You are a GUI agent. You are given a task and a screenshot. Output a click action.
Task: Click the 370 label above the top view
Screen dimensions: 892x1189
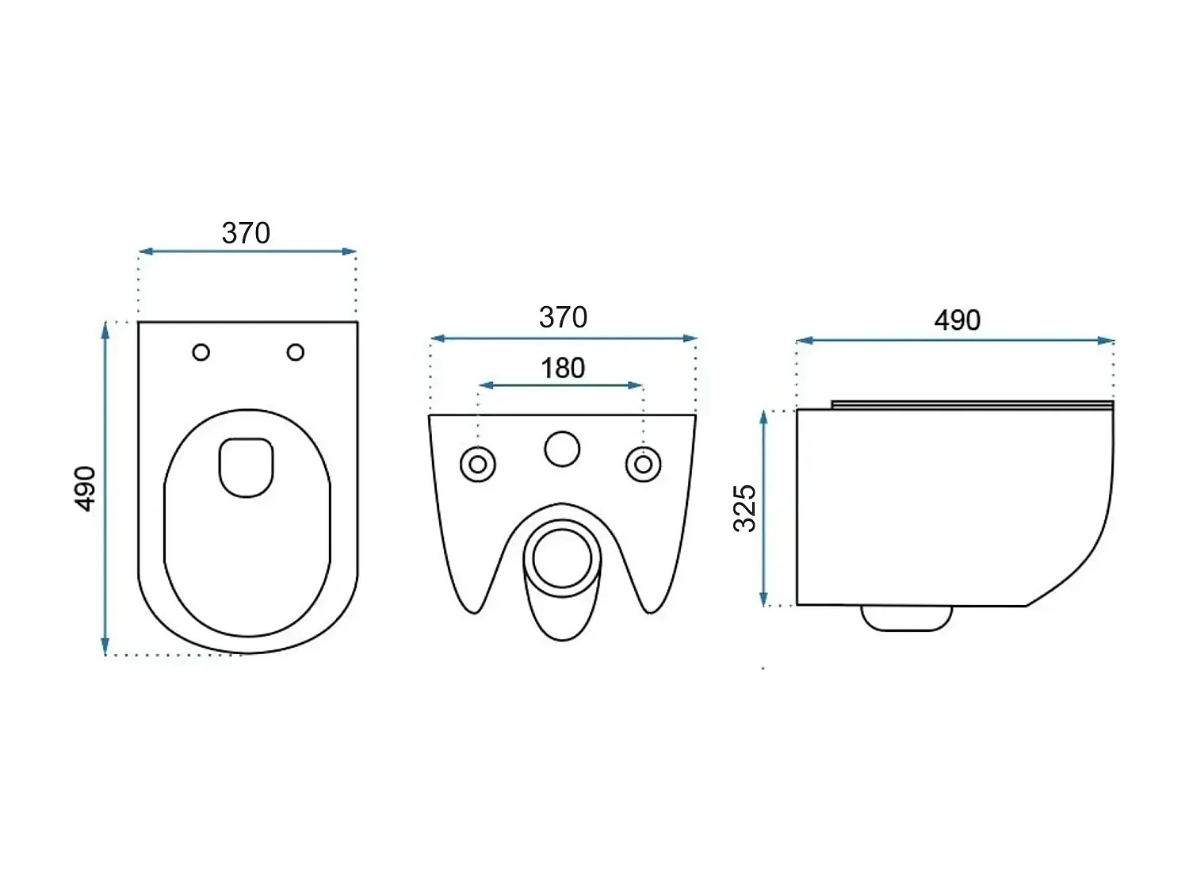pos(246,233)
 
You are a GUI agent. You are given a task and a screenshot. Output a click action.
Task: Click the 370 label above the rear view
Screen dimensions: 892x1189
pos(563,318)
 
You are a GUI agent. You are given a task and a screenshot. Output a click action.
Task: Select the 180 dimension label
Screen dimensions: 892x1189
pos(563,368)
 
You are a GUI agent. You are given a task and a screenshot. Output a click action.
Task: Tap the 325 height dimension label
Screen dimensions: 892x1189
pos(745,508)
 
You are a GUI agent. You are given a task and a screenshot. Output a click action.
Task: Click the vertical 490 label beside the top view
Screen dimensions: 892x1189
pos(85,488)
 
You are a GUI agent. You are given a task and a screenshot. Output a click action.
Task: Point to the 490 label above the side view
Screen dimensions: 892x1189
pos(957,320)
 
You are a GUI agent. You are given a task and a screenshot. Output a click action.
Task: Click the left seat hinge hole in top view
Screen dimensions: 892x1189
pos(201,352)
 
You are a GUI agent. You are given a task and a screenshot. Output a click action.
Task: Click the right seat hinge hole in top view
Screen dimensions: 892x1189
pos(296,352)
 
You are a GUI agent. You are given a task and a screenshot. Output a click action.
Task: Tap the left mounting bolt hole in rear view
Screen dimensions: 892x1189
pos(478,465)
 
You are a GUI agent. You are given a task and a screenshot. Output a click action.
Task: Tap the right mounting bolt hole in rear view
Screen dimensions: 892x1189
pos(644,465)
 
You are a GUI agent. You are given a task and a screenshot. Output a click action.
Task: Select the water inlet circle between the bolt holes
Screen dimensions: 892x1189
pos(562,449)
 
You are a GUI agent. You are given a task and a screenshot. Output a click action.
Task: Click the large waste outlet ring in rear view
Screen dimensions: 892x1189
pos(562,558)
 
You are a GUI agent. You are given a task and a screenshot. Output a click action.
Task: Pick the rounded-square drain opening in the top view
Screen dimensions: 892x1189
pos(247,467)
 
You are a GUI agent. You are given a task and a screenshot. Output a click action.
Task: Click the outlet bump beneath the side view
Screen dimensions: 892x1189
pos(906,618)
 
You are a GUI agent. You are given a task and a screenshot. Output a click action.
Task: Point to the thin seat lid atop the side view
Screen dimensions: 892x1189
pos(973,404)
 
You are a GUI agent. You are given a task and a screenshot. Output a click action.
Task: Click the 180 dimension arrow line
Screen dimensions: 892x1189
pos(560,385)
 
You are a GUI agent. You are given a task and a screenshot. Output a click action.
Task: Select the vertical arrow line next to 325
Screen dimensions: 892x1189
pos(764,508)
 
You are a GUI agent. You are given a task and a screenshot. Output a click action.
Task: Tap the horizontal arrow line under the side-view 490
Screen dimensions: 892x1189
pos(955,341)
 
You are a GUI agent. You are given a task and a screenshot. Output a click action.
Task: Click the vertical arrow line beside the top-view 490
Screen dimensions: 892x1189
pos(105,488)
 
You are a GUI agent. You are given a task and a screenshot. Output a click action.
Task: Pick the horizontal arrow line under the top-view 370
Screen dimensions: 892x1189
pos(247,251)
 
